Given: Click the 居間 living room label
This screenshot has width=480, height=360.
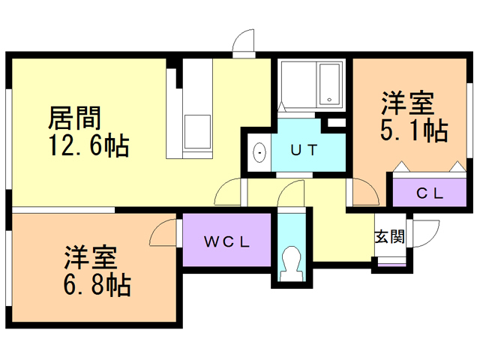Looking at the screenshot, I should pyautogui.click(x=75, y=117).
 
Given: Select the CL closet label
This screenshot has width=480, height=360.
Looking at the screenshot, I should pyautogui.click(x=430, y=193).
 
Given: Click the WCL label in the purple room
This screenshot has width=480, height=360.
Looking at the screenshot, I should pyautogui.click(x=226, y=241).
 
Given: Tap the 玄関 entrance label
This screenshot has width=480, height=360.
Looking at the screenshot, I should pyautogui.click(x=390, y=237).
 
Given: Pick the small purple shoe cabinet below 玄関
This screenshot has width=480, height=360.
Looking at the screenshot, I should pyautogui.click(x=390, y=262).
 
